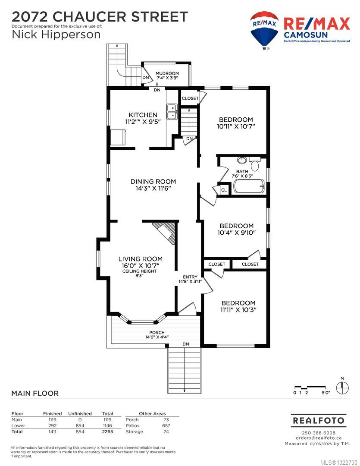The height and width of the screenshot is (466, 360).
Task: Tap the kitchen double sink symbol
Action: pos(172,111)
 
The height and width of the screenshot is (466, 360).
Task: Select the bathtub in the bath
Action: pos(249,186)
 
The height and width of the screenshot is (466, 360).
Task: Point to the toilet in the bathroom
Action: pos(254,164)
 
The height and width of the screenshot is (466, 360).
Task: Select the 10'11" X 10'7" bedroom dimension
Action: pos(236,127)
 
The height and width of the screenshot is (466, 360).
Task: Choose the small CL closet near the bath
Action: pos(224,190)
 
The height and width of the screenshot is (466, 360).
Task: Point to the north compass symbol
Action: pos(342,386)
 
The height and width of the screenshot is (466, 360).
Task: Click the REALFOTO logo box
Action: pos(318,420)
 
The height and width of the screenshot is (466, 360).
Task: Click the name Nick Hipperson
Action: pos(56,34)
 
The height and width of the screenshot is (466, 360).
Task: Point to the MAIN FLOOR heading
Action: pos(35,393)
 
